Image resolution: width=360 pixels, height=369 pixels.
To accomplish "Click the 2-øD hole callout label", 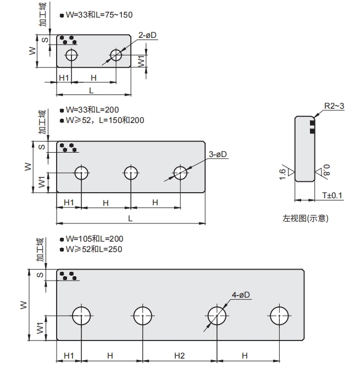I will point(147,35).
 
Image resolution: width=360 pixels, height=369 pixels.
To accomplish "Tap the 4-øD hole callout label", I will point(241,295).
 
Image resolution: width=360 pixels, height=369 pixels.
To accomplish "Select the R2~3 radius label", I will point(334,105).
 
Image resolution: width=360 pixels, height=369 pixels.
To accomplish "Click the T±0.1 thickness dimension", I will point(332,195).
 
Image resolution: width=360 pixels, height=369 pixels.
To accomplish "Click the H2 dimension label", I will point(179,355).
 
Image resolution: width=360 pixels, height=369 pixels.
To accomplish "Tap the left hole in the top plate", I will point(71,55).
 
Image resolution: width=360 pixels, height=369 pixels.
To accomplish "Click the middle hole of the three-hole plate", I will point(131,173).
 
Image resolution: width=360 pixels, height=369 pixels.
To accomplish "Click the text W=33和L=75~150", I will point(98,15).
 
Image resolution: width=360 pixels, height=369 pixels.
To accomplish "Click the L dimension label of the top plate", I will point(91,90).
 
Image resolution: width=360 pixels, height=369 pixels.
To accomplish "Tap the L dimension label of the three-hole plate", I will point(130,218).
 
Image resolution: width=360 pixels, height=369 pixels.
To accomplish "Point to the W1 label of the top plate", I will point(141,61).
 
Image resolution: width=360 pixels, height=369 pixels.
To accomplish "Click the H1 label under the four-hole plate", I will point(69,355).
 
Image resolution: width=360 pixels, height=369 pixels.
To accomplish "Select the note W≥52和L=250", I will point(93,249).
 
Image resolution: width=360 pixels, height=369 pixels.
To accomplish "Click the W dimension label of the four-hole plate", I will point(24,305).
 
